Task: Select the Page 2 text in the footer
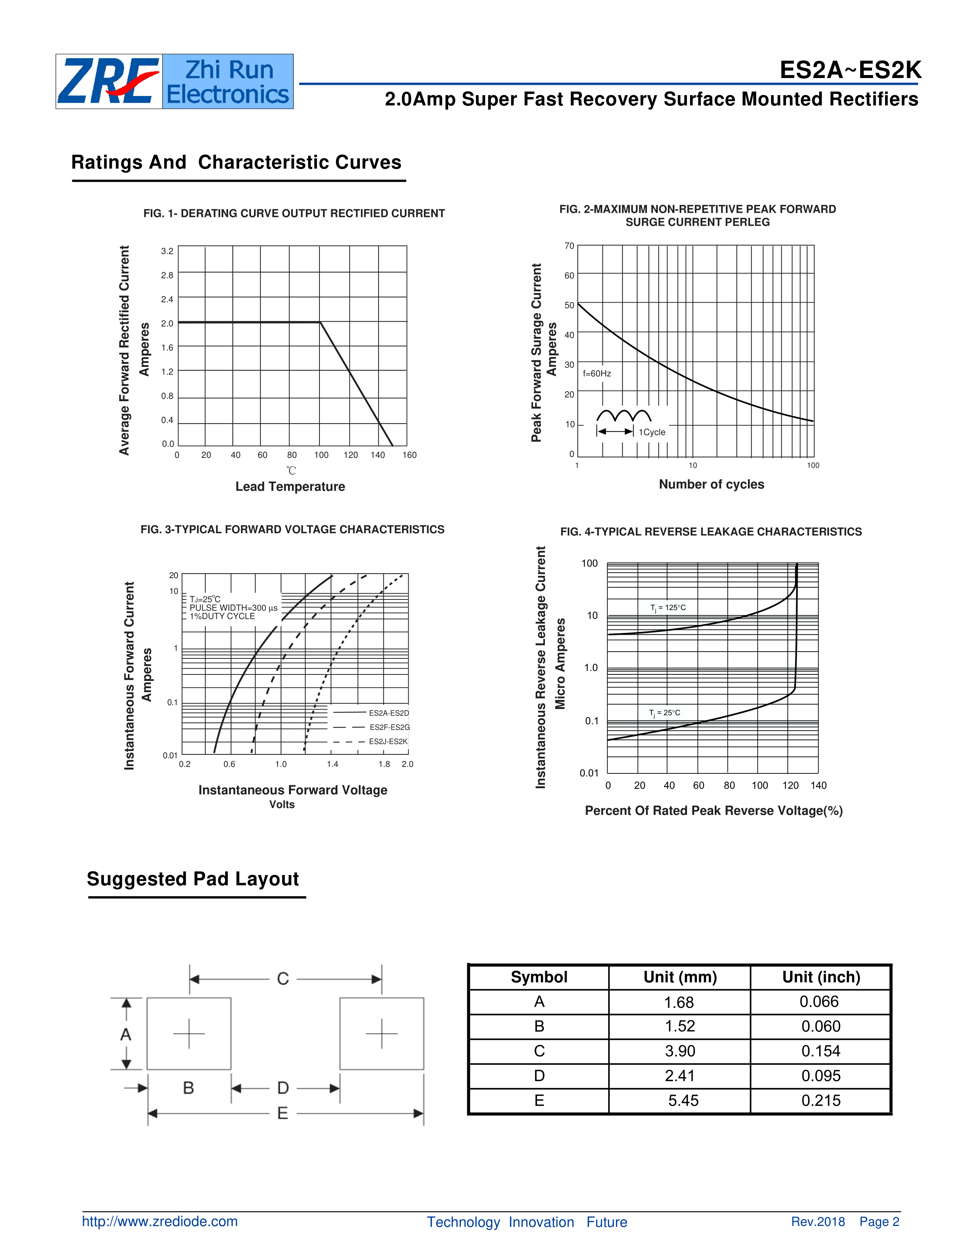(879, 1221)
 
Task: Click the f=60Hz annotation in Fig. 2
(597, 373)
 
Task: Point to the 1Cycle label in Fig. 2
(652, 432)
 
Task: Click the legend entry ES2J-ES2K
(388, 741)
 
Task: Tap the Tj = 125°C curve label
(668, 607)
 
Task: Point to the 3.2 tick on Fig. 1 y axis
(167, 251)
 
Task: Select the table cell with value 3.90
(680, 1051)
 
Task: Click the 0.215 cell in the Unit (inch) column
(821, 1100)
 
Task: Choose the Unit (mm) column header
(680, 977)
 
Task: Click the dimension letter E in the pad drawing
(283, 1113)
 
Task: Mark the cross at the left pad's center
(188, 1033)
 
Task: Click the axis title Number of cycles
(711, 484)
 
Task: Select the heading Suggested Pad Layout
(193, 879)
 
